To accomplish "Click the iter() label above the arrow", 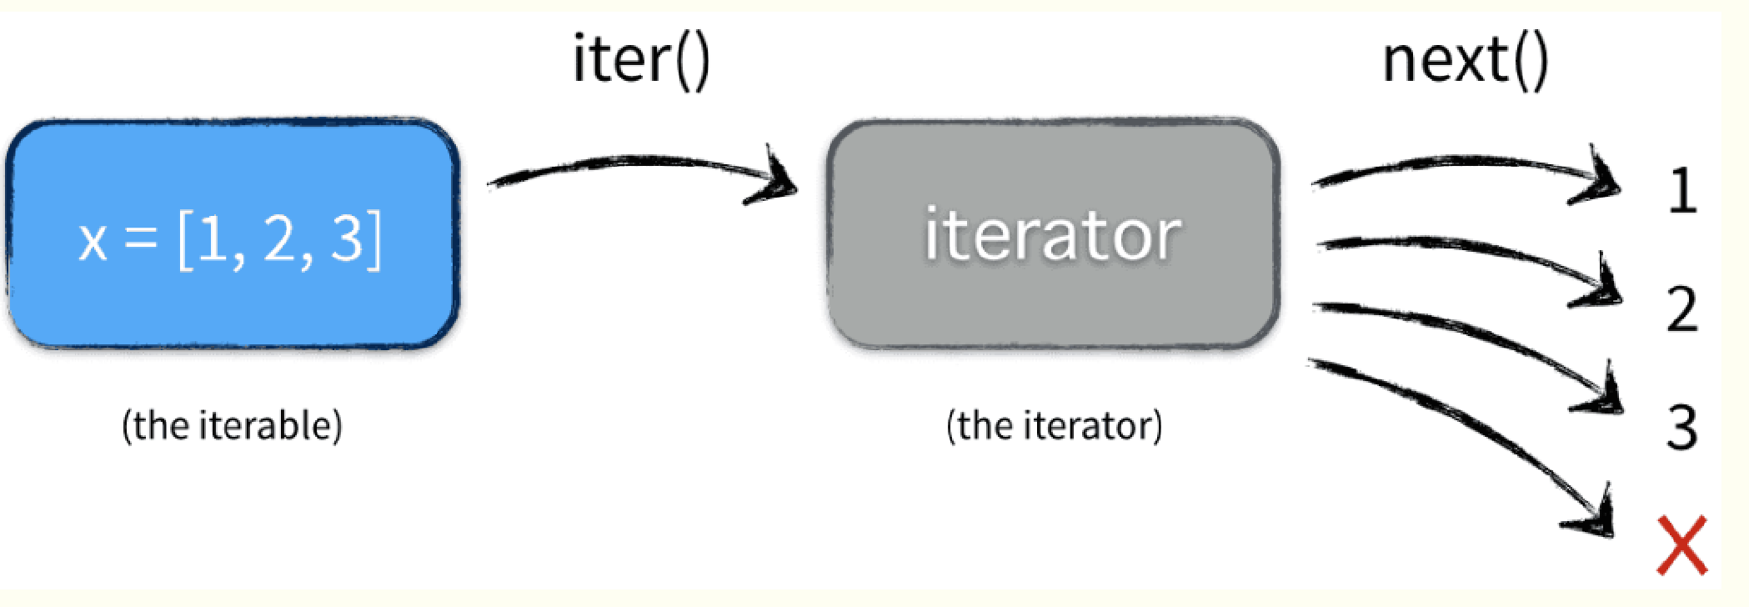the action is [x=641, y=60].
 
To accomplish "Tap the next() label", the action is [x=1465, y=60].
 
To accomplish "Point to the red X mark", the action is [x=1681, y=545].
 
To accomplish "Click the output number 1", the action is [x=1682, y=191].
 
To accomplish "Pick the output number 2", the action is [x=1682, y=309].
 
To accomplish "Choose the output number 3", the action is [x=1682, y=427].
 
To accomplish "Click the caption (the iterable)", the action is [x=232, y=425].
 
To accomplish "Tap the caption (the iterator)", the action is [x=1054, y=425].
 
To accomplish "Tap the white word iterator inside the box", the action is [x=1052, y=236].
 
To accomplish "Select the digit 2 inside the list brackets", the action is [x=280, y=239].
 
